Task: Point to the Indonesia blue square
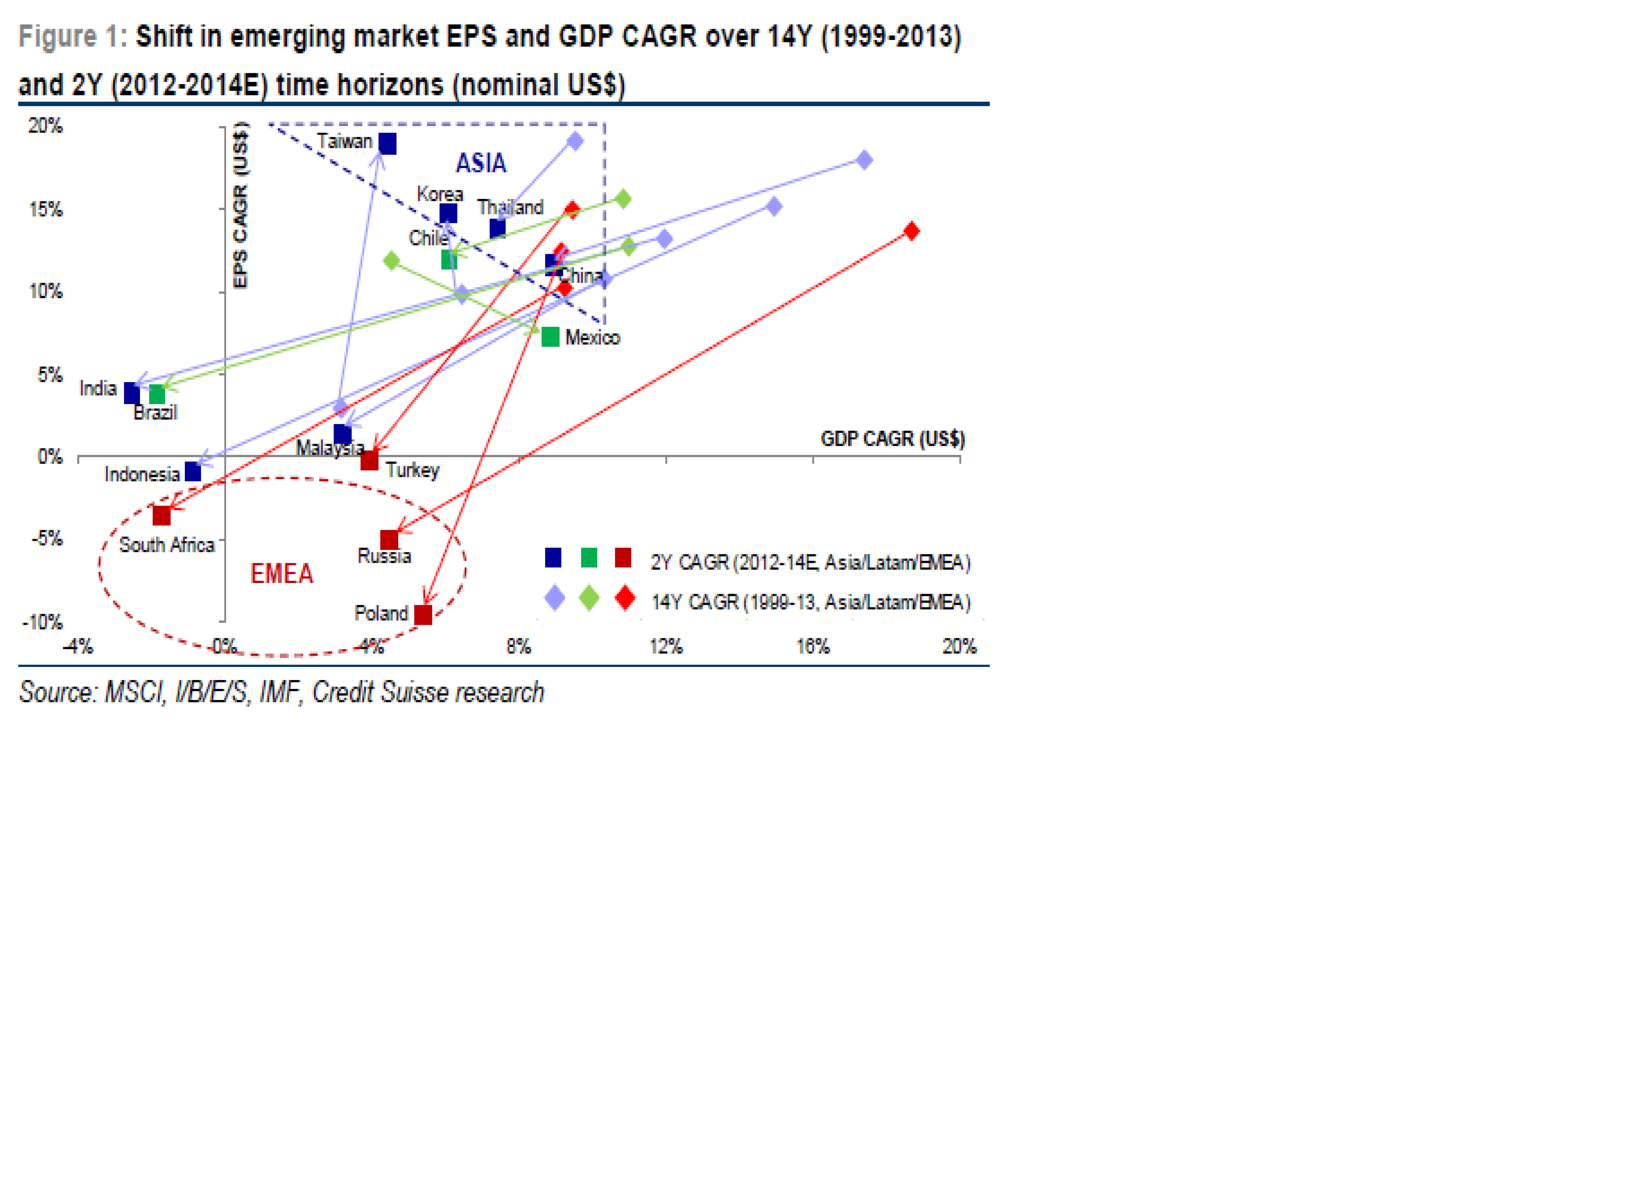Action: point(193,472)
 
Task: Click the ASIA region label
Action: point(481,164)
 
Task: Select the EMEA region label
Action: point(282,574)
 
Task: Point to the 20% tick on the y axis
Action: point(45,126)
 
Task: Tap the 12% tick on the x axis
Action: point(665,646)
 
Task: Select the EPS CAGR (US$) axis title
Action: point(241,205)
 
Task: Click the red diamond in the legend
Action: point(625,598)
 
